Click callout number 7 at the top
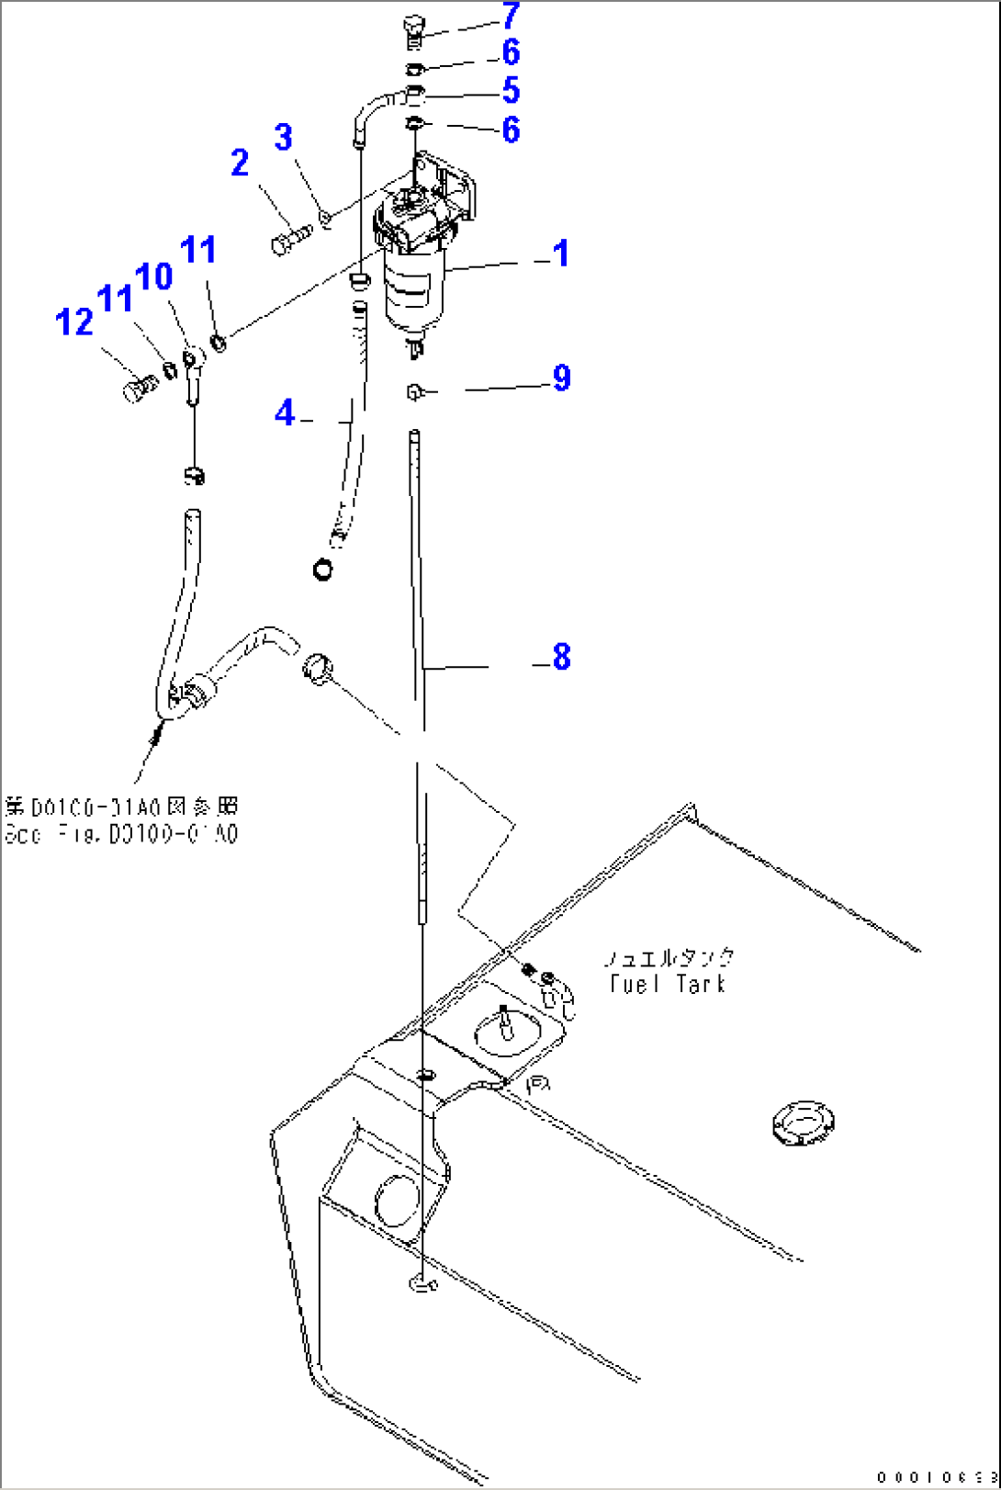tap(511, 16)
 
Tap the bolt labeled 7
tap(413, 32)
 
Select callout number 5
tap(511, 90)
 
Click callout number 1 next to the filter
tap(561, 254)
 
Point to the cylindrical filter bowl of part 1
tap(414, 289)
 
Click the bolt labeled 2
tap(291, 240)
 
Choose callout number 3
tap(284, 137)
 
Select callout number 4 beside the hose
tap(286, 412)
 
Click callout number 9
tap(561, 378)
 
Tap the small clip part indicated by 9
tap(415, 392)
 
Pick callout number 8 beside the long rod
tap(561, 656)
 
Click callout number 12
tap(74, 322)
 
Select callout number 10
tap(154, 276)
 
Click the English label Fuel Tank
tap(669, 984)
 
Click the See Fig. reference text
tap(121, 834)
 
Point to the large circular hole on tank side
tap(398, 1200)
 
